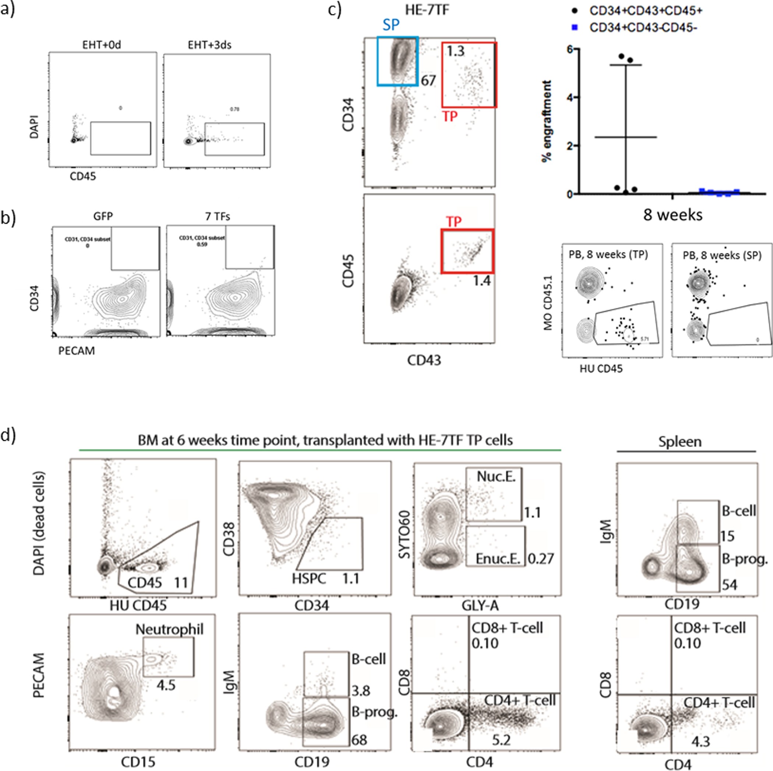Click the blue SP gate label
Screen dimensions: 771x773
pyautogui.click(x=391, y=25)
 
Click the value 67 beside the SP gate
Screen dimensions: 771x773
pyautogui.click(x=428, y=81)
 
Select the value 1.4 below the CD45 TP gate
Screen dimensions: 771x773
pyautogui.click(x=481, y=281)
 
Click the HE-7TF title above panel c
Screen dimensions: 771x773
pyautogui.click(x=427, y=10)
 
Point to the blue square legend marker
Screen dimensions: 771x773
pyautogui.click(x=575, y=28)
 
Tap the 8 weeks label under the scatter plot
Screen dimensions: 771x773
pyautogui.click(x=673, y=215)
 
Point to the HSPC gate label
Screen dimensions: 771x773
pyautogui.click(x=309, y=578)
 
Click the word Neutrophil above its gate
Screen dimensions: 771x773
pyautogui.click(x=169, y=629)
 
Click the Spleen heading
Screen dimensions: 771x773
pyautogui.click(x=680, y=442)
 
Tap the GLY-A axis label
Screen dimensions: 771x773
pyautogui.click(x=480, y=606)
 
